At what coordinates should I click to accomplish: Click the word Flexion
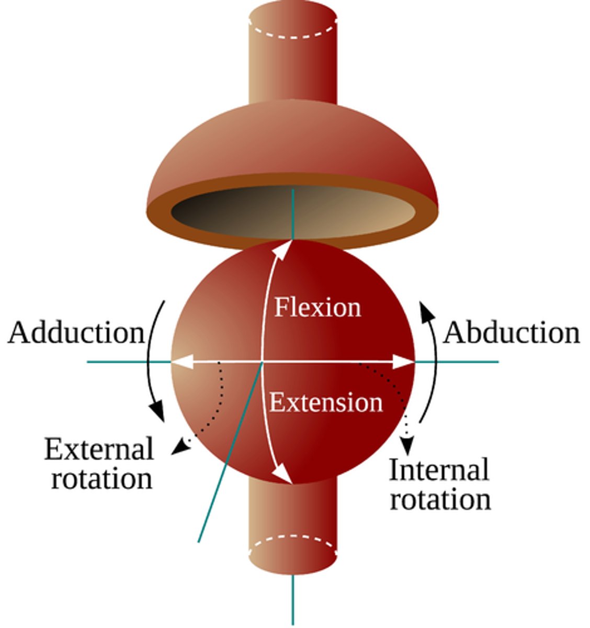click(x=317, y=307)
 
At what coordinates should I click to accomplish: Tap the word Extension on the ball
click(x=326, y=403)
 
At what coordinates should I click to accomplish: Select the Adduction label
click(x=76, y=333)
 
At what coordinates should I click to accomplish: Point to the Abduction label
click(x=512, y=333)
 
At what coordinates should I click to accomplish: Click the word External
click(x=99, y=449)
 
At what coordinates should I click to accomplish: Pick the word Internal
click(x=439, y=469)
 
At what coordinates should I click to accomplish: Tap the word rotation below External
click(x=101, y=478)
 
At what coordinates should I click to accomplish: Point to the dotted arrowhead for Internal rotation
click(x=407, y=446)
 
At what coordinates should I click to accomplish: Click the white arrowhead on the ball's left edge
click(x=180, y=362)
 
